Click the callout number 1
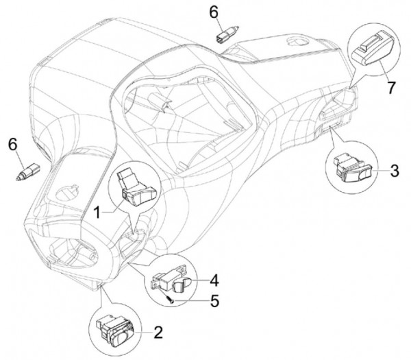[98, 213]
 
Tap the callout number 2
[158, 333]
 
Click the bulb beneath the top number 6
[226, 34]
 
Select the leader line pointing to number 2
[143, 333]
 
